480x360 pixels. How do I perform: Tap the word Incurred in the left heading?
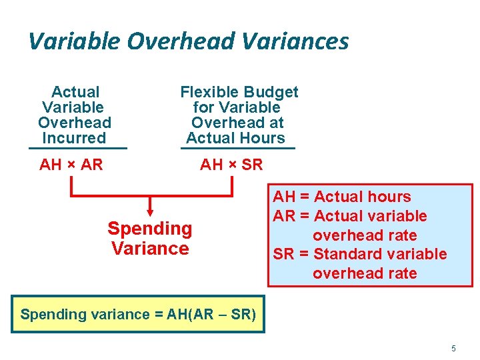tap(74, 138)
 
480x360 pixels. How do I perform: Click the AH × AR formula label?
tap(71, 165)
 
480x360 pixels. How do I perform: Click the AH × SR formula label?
tap(231, 165)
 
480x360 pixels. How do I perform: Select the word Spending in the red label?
tap(150, 229)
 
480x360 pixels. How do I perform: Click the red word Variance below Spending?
tap(150, 249)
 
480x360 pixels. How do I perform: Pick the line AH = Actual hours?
tap(342, 197)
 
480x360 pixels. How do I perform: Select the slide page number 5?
tap(453, 349)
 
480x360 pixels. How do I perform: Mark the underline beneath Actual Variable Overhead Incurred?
tap(78, 148)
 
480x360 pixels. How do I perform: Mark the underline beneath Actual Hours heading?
tap(237, 148)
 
